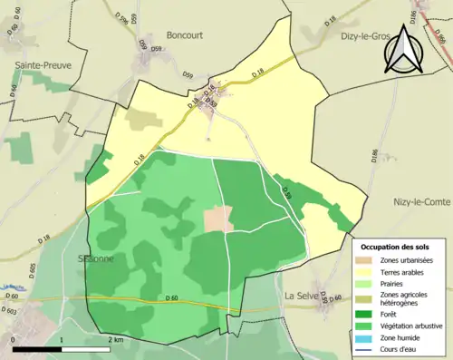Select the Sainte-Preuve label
[43, 65]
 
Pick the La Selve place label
[303, 296]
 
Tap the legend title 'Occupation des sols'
[395, 247]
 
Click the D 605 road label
[33, 271]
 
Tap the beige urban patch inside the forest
[217, 219]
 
